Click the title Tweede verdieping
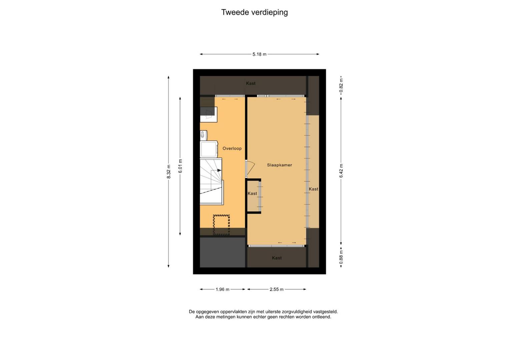[x=255, y=12]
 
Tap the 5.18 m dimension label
[x=259, y=54]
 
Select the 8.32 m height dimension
[x=168, y=171]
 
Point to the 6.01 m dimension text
[x=180, y=166]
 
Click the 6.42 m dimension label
[x=341, y=171]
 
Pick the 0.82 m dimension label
[x=341, y=86]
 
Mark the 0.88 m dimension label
[x=341, y=257]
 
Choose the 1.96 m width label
[x=222, y=289]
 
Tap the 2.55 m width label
[x=277, y=289]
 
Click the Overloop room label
[x=232, y=149]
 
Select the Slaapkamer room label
[x=280, y=165]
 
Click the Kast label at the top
[x=250, y=83]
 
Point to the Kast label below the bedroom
[x=277, y=258]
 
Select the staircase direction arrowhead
[x=219, y=170]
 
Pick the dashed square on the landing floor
[x=221, y=225]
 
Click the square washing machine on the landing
[x=209, y=149]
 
